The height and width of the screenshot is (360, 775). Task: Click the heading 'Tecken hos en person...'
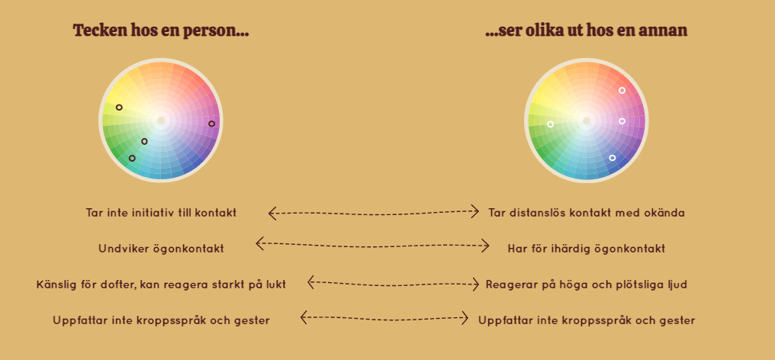tap(161, 31)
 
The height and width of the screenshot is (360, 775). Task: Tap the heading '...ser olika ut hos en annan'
tap(586, 31)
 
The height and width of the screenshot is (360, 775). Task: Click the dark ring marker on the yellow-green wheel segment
tap(119, 108)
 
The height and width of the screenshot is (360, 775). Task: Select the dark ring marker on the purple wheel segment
tap(211, 124)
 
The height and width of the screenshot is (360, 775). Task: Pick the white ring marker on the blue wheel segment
tap(613, 158)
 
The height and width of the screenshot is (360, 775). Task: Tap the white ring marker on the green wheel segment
tap(551, 124)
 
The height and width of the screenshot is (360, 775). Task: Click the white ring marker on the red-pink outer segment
tap(622, 91)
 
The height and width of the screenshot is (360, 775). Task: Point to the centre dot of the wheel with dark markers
tap(161, 121)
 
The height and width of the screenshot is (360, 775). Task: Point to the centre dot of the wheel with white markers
tap(587, 121)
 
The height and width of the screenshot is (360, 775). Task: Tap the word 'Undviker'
tap(117, 248)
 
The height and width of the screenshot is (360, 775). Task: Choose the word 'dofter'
tap(121, 284)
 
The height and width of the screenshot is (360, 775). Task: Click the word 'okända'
tap(667, 213)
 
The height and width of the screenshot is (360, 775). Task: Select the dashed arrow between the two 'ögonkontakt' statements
tap(372, 246)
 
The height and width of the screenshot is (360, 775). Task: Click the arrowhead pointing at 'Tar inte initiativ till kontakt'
tap(272, 214)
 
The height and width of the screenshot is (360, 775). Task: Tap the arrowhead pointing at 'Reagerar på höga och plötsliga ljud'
tap(475, 284)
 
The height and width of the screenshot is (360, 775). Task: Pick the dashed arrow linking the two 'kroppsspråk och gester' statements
tap(384, 319)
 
